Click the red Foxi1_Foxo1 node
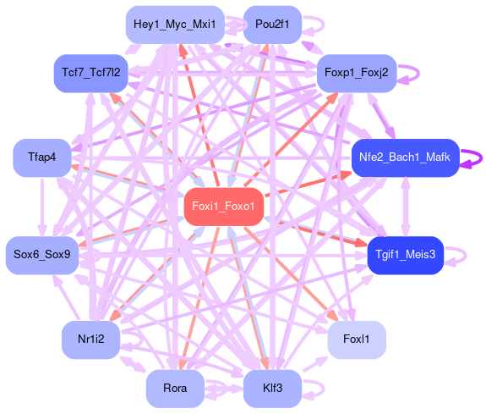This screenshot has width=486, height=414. tap(224, 207)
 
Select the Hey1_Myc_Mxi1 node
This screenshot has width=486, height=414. tap(175, 25)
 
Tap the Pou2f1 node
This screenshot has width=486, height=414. tap(272, 25)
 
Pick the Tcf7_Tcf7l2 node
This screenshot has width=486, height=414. tap(90, 74)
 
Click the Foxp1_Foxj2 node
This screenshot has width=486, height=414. tap(357, 74)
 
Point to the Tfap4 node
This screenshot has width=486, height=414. tap(42, 157)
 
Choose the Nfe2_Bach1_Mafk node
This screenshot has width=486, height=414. tap(405, 157)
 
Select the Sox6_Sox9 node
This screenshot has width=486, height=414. tap(42, 256)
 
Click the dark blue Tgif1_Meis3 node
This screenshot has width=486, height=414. tap(405, 256)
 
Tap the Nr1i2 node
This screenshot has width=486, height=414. tap(90, 339)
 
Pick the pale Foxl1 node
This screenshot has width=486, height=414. tap(357, 339)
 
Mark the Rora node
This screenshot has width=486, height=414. tap(175, 389)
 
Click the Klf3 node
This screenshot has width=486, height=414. tap(272, 389)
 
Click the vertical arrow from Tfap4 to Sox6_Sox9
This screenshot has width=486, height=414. tap(42, 207)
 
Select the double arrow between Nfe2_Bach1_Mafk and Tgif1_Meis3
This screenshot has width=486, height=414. tap(405, 207)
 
